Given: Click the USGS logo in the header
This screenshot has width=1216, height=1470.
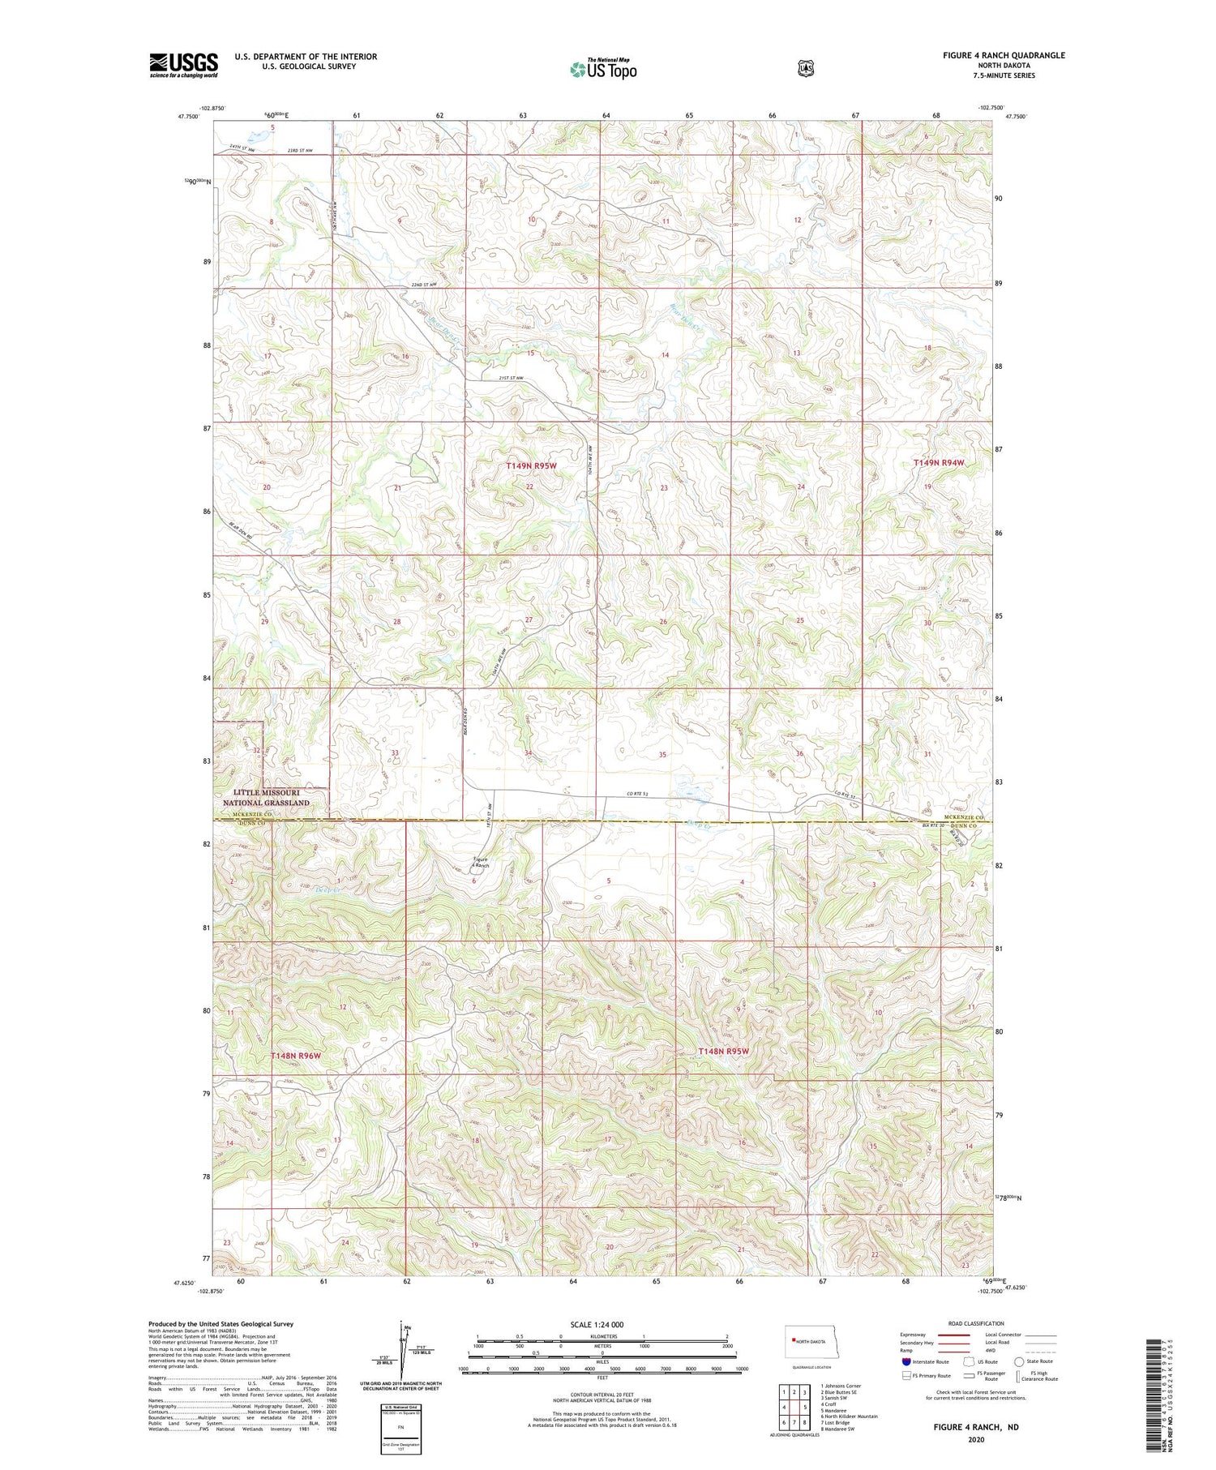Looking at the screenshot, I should (x=183, y=65).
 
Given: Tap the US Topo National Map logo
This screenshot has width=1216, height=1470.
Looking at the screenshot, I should (x=603, y=69).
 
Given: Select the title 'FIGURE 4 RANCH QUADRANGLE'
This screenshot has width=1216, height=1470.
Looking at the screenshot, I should (x=1004, y=55).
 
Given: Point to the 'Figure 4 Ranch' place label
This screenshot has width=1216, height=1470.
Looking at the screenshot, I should (x=482, y=862).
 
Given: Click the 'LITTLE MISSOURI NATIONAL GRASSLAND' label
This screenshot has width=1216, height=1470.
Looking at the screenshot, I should (x=266, y=797).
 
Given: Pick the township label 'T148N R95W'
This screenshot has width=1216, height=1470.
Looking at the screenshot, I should (x=723, y=1051).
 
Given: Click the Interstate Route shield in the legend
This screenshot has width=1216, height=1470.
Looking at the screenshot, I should (x=906, y=1361).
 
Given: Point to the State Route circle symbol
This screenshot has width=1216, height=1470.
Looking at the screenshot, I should (x=1019, y=1361).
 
